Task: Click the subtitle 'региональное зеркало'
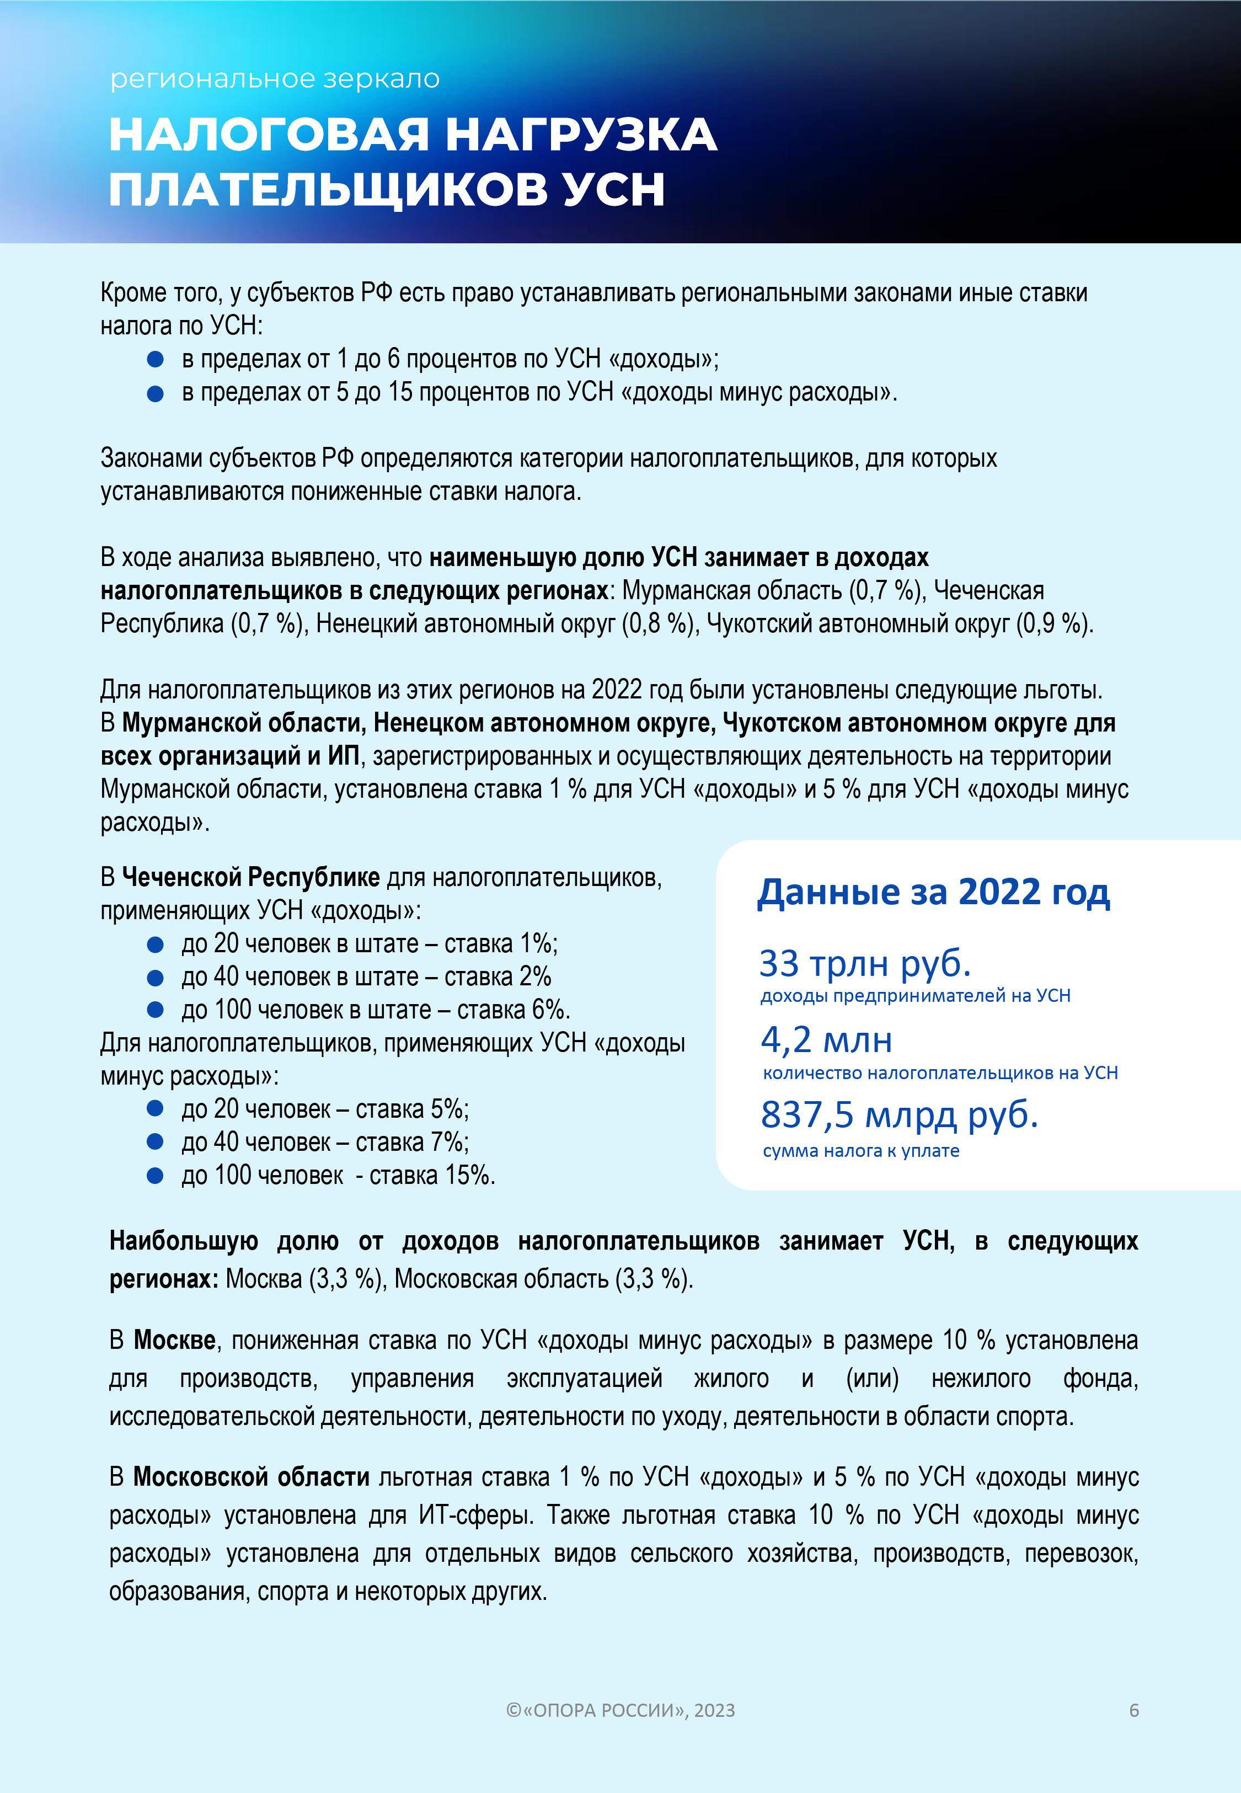tap(275, 78)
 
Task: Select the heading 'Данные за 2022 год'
tap(933, 892)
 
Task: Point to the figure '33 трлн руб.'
tap(865, 963)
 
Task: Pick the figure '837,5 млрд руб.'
tap(899, 1114)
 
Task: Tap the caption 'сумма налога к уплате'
tap(861, 1151)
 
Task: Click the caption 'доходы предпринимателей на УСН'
tap(914, 996)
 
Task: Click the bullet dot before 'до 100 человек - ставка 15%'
tap(156, 1176)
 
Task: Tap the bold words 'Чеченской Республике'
tap(251, 877)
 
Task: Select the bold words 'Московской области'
tap(251, 1476)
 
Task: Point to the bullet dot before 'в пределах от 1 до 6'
tap(156, 359)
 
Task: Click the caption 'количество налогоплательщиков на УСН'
tap(940, 1073)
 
